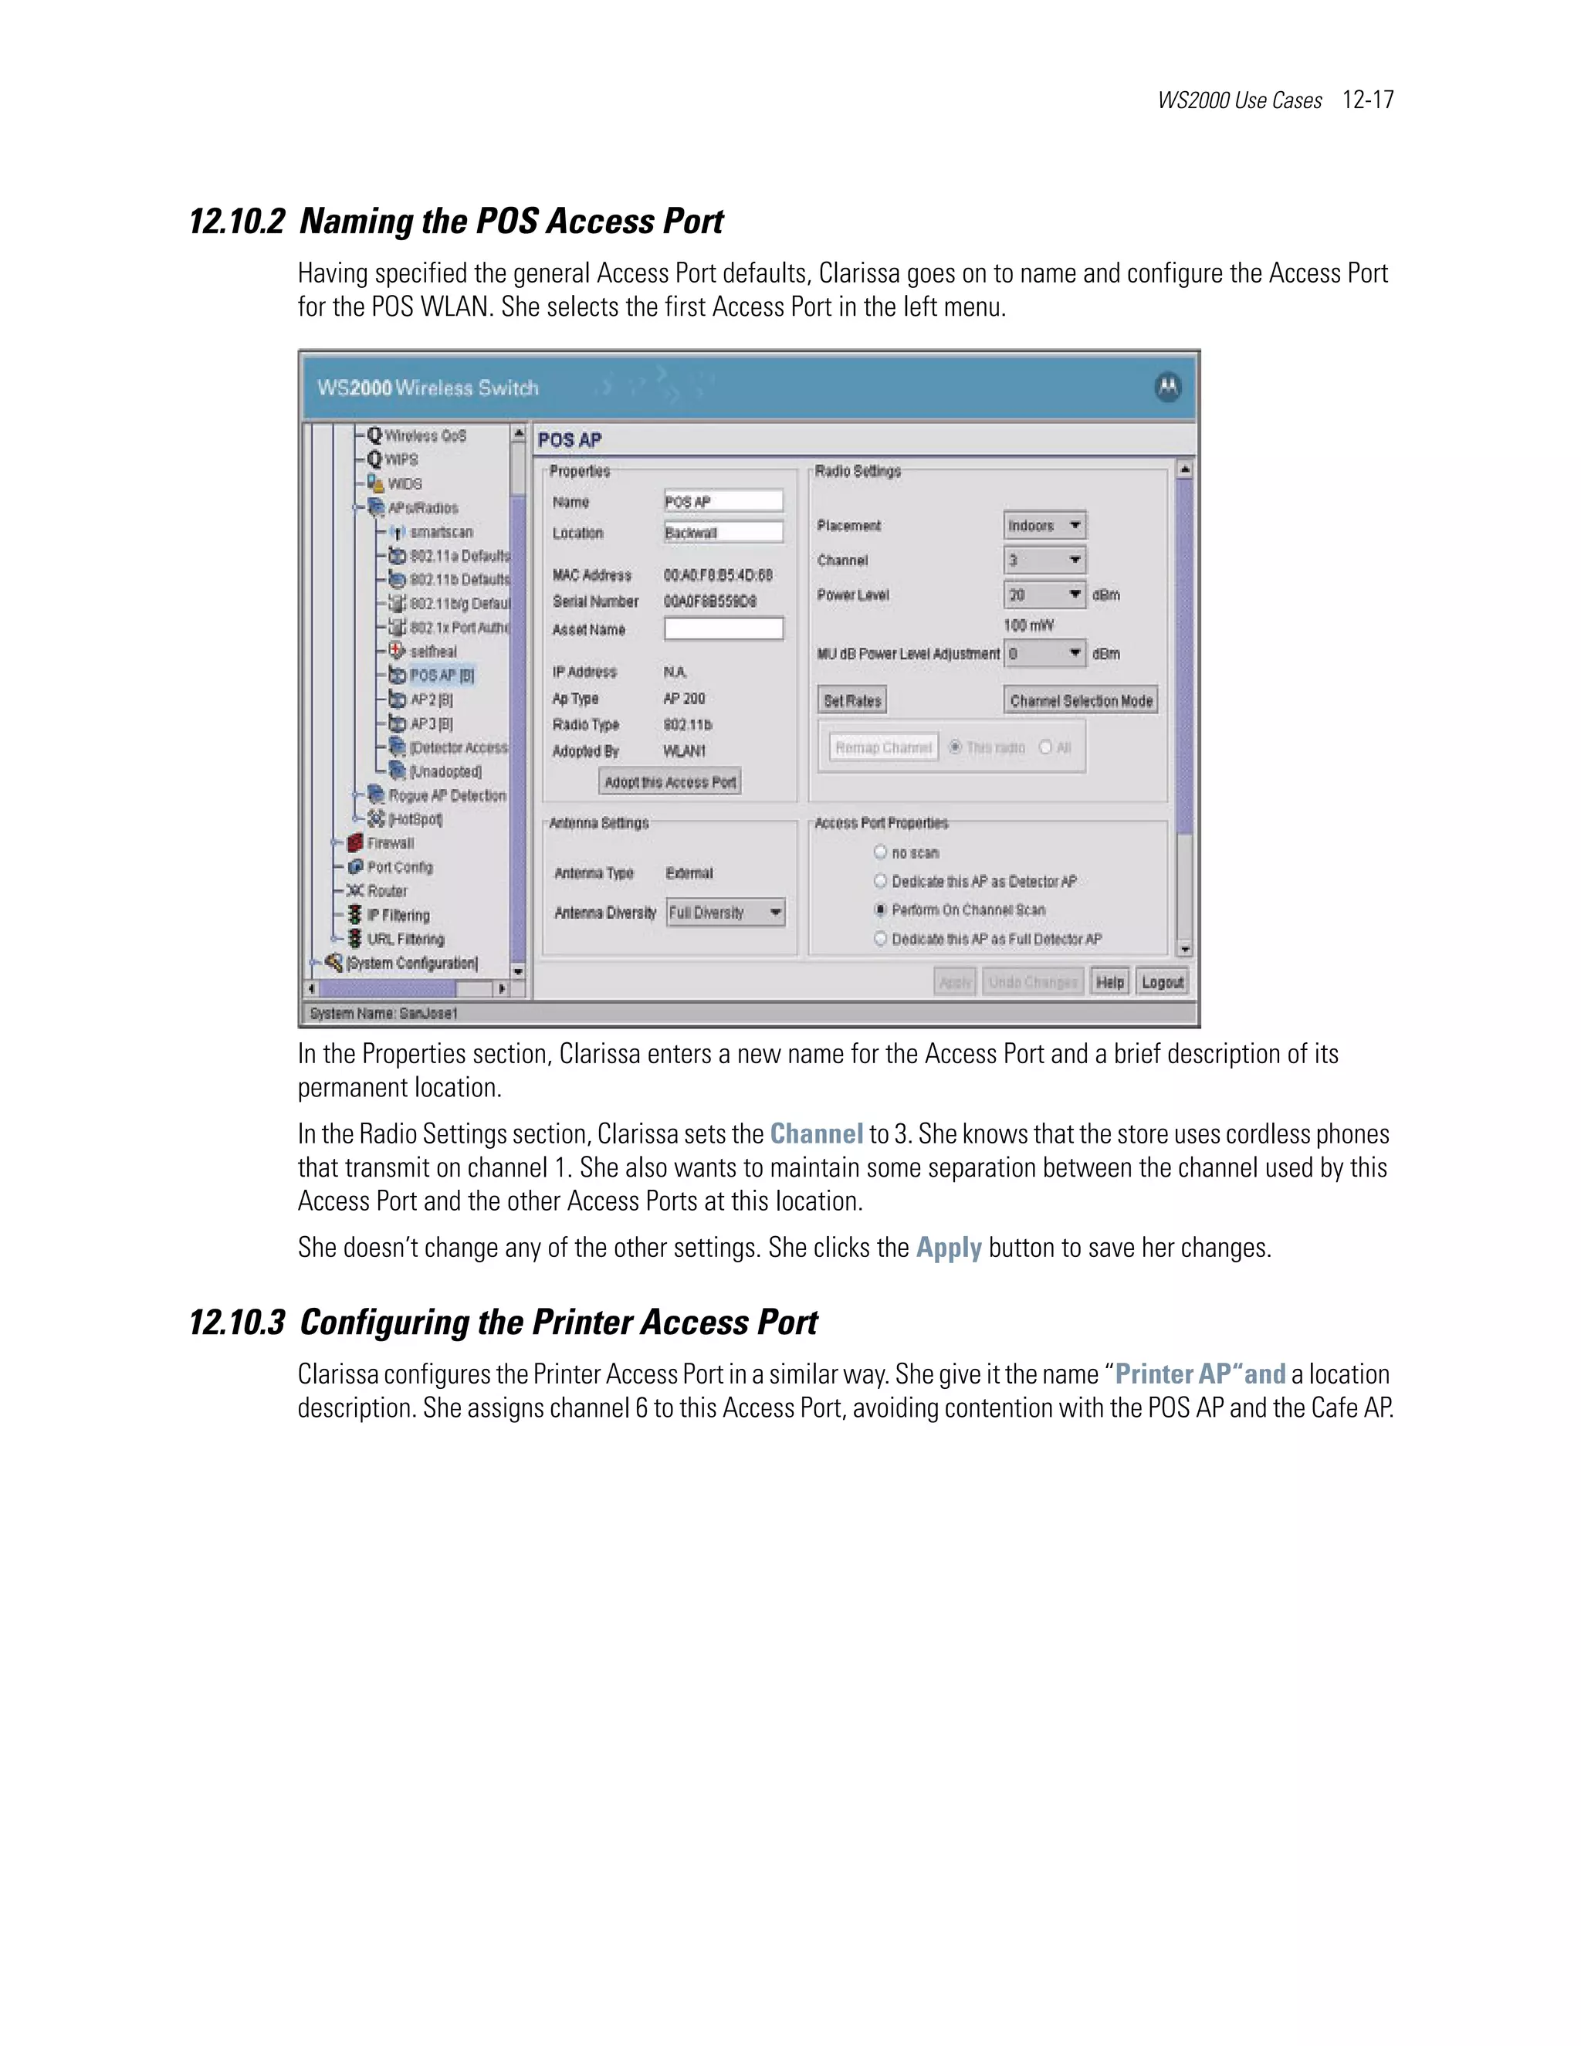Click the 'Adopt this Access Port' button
point(669,782)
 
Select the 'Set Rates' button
point(852,701)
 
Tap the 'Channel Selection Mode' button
point(1081,701)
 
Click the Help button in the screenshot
point(1110,982)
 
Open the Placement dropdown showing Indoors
point(1044,526)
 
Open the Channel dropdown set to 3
point(1044,561)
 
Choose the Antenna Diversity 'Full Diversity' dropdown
point(726,913)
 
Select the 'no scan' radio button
point(880,852)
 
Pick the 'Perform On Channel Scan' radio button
point(880,910)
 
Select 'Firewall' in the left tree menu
point(390,843)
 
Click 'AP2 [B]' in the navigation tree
point(431,700)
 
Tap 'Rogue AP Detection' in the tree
point(447,795)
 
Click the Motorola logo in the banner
point(1168,387)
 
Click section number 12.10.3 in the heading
point(237,1322)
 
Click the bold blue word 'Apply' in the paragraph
point(948,1248)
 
